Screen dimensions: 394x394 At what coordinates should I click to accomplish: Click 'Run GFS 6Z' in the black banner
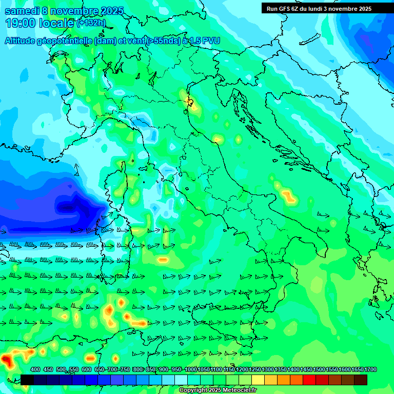point(286,8)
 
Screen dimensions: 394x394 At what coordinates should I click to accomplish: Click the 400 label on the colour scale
point(35,369)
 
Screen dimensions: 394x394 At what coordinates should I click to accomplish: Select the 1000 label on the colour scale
point(191,369)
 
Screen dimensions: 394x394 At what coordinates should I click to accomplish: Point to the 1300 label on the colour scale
point(268,369)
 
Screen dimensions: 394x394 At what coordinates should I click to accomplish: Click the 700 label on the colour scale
point(112,369)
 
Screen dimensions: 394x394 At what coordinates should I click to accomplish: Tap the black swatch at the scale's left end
point(27,380)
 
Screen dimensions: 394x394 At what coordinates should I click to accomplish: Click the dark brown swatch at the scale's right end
point(361,380)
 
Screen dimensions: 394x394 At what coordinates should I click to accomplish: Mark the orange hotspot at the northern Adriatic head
point(191,104)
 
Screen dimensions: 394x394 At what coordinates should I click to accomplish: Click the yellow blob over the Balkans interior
point(288,195)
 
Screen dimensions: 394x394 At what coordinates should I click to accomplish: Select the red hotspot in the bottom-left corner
point(8,360)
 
